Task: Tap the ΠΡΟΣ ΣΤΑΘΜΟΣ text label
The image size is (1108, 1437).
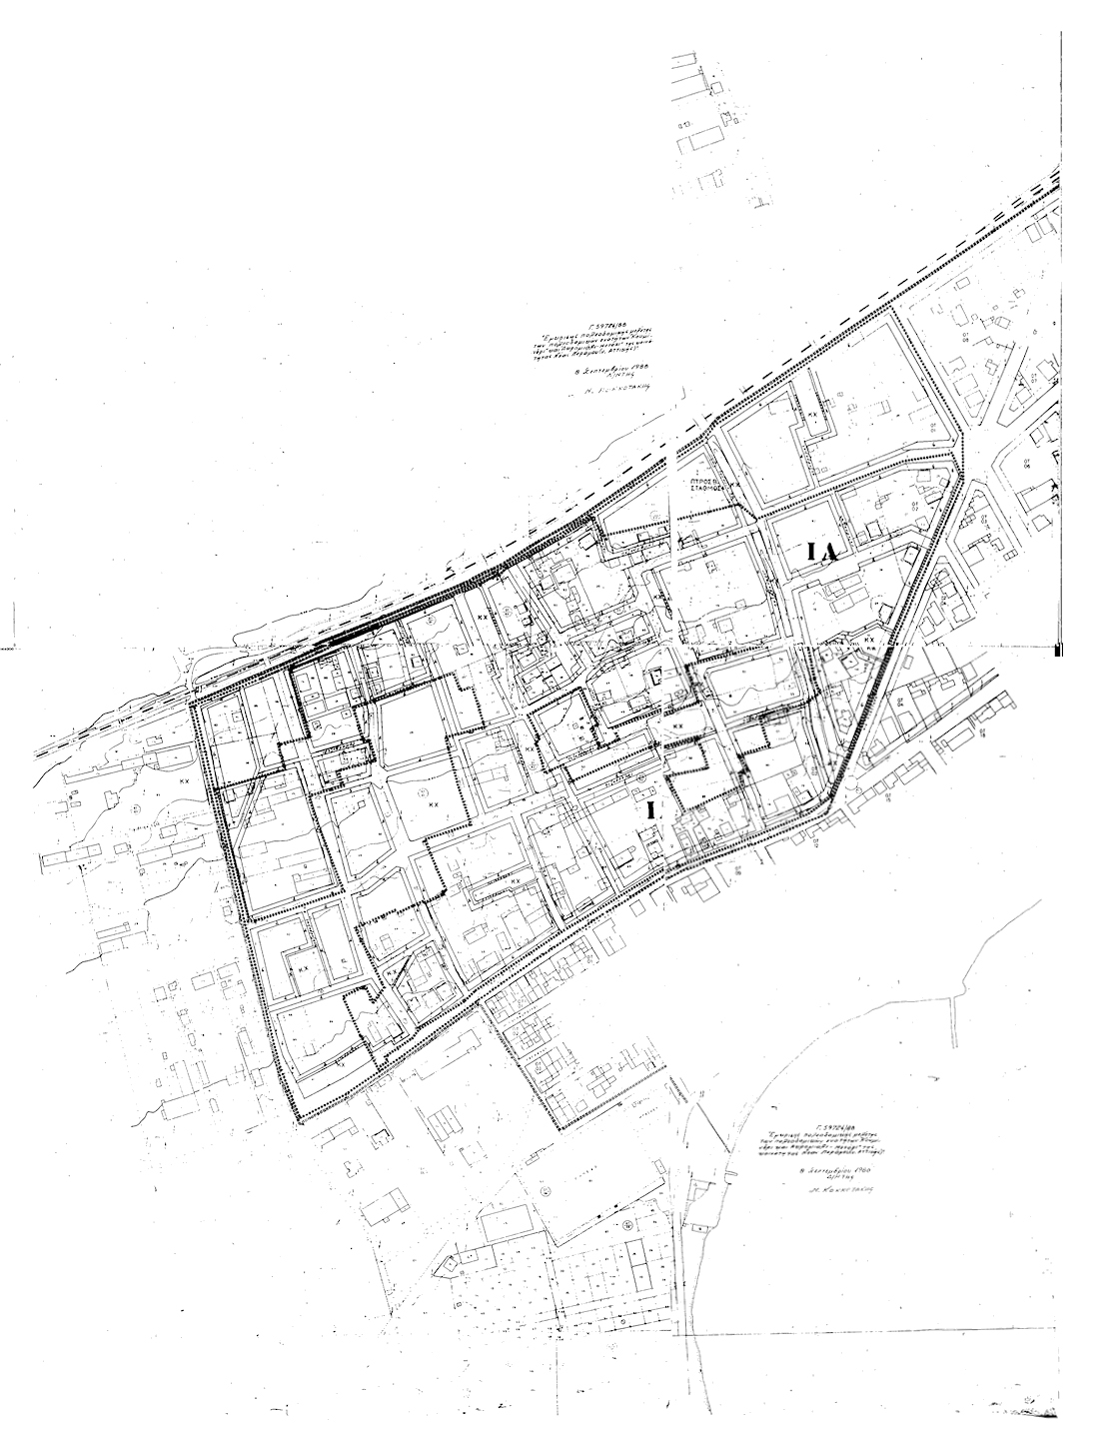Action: pyautogui.click(x=706, y=486)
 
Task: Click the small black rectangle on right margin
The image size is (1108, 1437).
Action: pyautogui.click(x=1058, y=651)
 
